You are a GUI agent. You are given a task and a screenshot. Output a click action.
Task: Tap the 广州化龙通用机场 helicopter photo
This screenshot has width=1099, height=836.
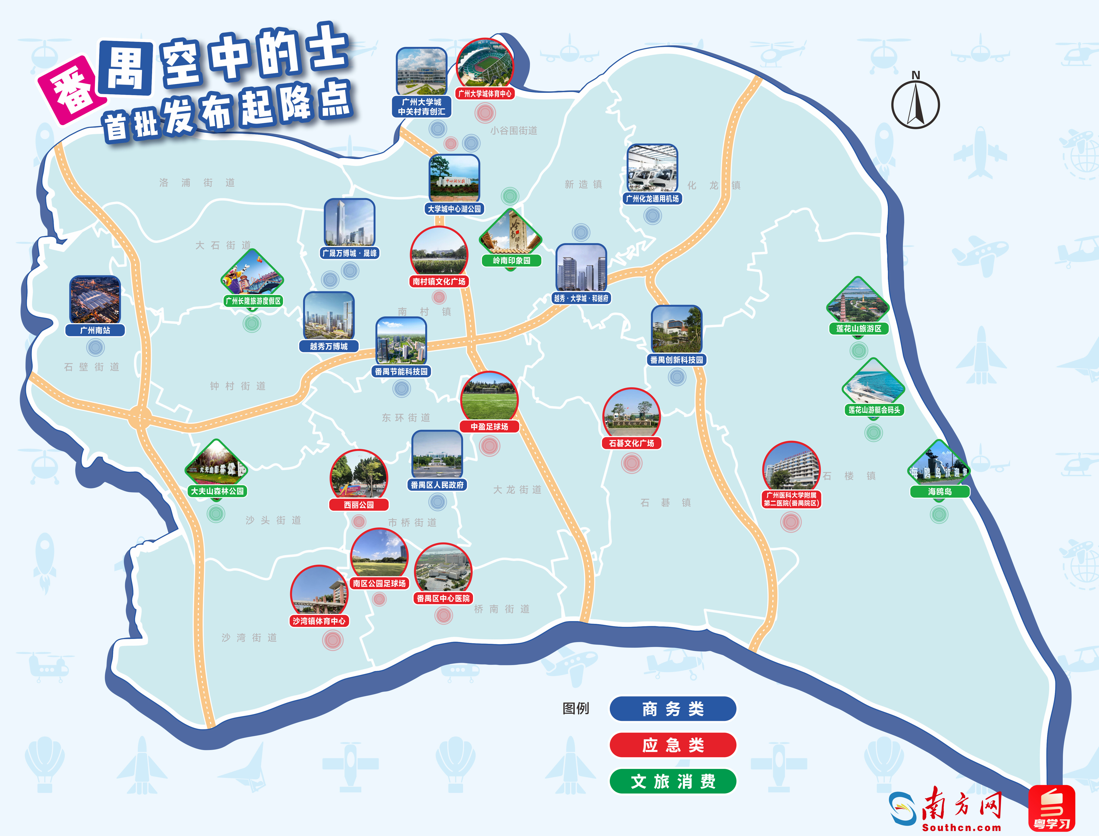click(x=652, y=169)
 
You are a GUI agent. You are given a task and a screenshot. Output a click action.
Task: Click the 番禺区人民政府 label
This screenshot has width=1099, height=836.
click(x=437, y=485)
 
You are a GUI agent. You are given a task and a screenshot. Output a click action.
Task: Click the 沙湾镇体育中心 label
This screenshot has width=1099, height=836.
click(x=319, y=621)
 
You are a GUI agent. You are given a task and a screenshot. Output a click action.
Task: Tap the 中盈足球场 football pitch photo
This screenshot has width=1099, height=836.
click(x=489, y=398)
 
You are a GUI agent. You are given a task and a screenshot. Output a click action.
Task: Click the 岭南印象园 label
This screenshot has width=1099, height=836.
click(x=511, y=260)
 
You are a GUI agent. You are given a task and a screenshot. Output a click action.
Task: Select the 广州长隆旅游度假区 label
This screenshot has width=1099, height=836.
click(x=253, y=300)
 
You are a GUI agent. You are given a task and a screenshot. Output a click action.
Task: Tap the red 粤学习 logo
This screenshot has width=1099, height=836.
click(x=1051, y=809)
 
